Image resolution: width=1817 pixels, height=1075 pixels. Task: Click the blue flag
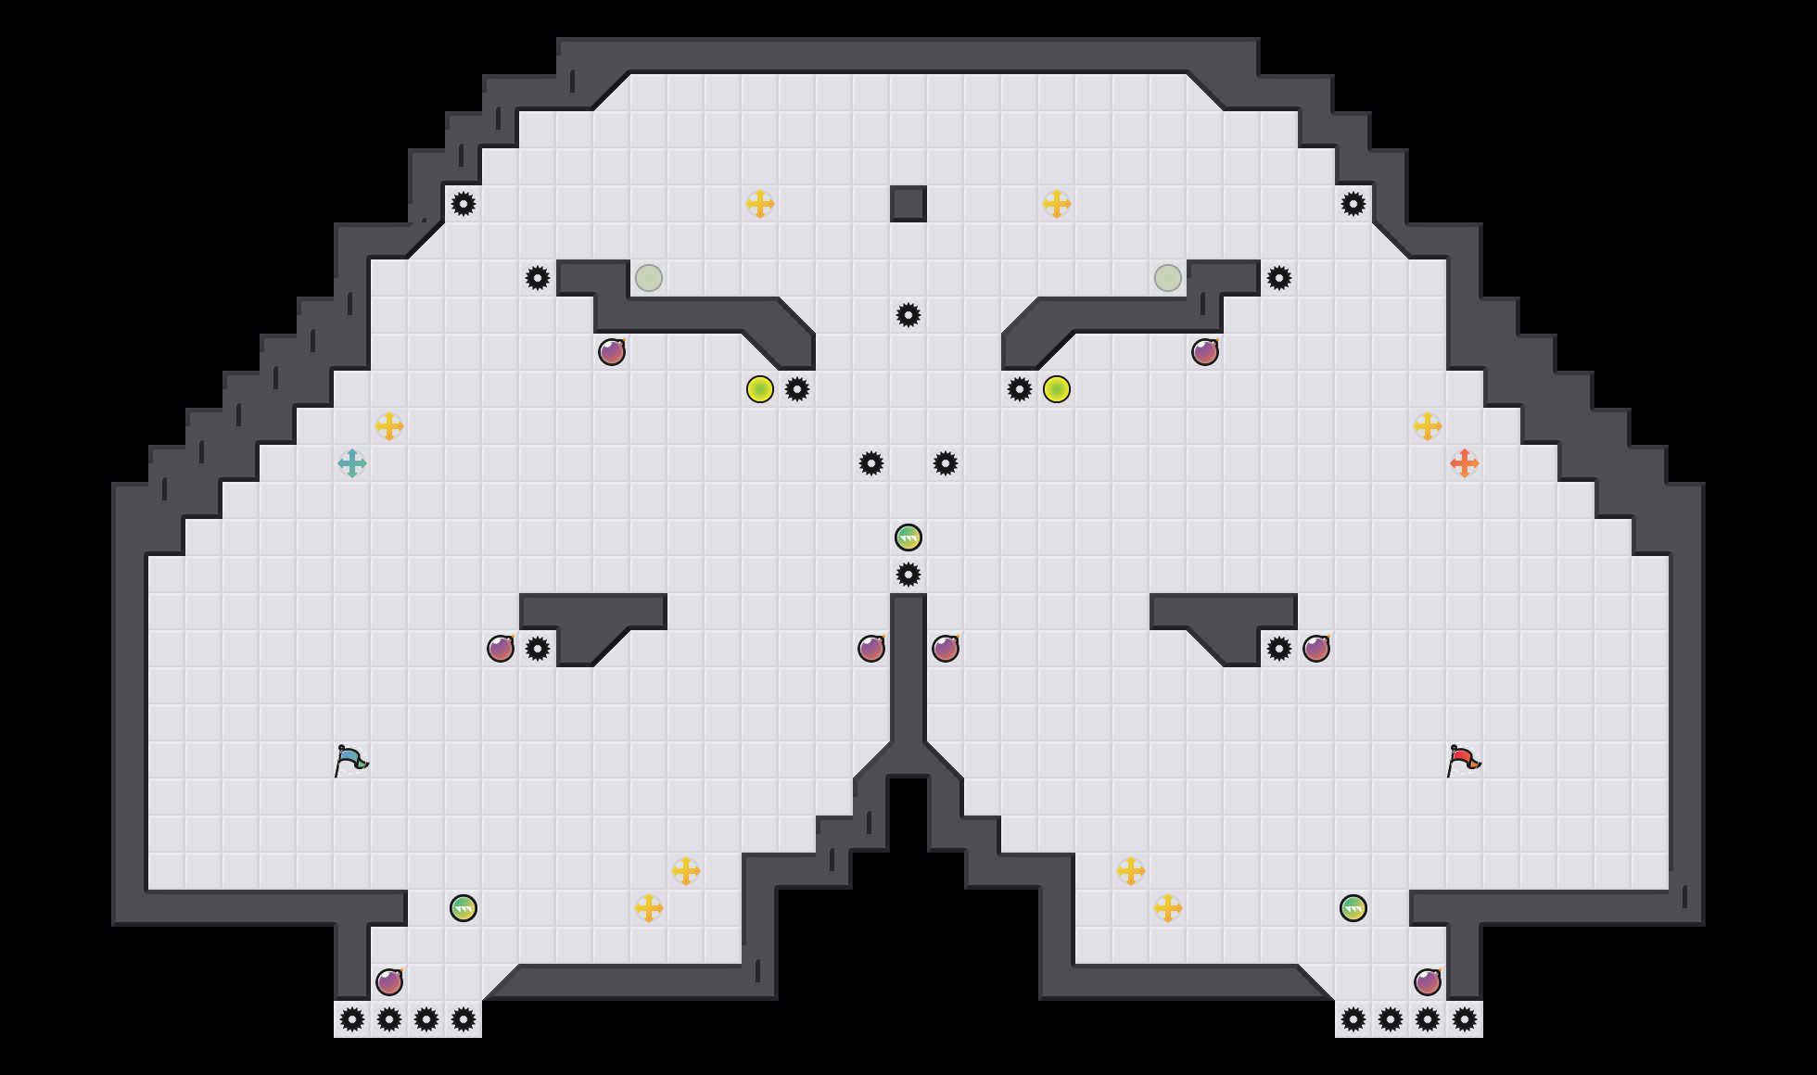(351, 760)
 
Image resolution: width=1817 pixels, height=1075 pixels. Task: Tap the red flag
(1464, 760)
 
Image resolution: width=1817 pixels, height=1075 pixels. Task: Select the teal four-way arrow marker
(352, 463)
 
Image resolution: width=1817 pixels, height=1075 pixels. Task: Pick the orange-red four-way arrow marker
(1465, 463)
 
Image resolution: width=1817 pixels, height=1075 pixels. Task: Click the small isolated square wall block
(908, 204)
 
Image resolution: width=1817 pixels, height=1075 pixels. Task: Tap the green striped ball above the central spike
(908, 537)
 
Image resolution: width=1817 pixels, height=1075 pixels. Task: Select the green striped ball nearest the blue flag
(464, 908)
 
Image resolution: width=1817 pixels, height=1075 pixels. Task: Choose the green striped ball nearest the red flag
(1353, 908)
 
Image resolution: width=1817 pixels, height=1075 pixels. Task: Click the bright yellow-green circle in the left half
(760, 389)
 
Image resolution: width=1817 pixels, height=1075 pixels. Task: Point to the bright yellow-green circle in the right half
(1057, 389)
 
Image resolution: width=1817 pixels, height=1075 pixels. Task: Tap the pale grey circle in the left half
(649, 278)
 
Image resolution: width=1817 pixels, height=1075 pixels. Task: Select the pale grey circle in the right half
(1168, 278)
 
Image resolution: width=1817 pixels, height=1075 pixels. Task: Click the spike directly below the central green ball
(908, 575)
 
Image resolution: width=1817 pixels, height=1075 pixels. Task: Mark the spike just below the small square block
(908, 315)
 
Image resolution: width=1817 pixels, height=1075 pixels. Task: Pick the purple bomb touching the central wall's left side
(871, 649)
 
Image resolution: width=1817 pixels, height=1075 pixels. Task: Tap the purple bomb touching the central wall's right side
(946, 649)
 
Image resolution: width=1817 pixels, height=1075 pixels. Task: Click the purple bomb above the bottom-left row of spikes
(389, 982)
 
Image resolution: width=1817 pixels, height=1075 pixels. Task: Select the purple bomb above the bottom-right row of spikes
(1428, 982)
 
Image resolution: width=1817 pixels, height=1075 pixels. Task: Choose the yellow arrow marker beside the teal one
(389, 426)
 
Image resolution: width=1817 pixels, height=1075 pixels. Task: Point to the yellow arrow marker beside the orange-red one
(1428, 426)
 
